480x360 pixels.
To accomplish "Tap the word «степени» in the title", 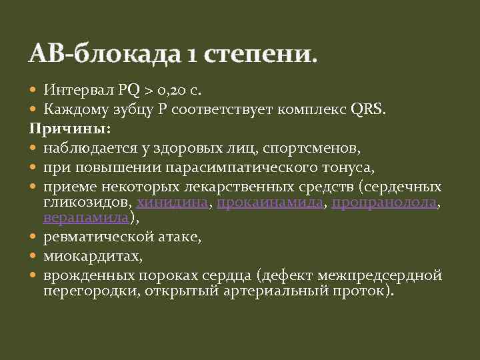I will pos(253,53).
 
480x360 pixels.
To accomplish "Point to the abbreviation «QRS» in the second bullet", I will pos(368,109).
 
